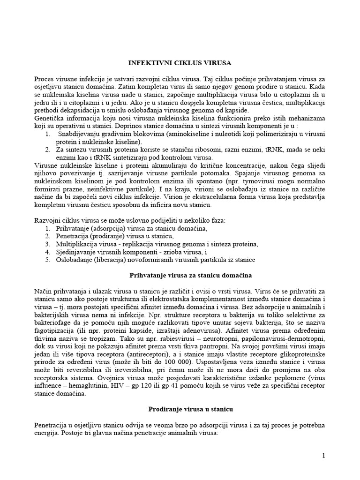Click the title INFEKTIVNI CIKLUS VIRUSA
click(180, 62)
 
